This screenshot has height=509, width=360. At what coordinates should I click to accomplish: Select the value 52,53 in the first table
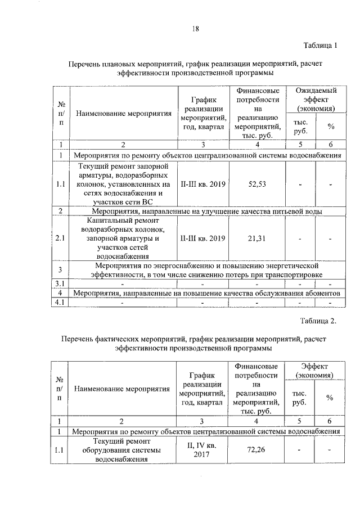click(x=256, y=183)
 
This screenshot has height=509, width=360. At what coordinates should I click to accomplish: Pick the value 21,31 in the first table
click(x=256, y=238)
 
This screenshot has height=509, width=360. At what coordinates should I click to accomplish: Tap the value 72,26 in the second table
click(x=256, y=450)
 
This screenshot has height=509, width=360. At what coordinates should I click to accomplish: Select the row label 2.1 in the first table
click(x=60, y=238)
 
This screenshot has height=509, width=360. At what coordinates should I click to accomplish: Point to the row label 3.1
click(x=60, y=282)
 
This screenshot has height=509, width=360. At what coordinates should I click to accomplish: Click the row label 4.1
click(x=60, y=303)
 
